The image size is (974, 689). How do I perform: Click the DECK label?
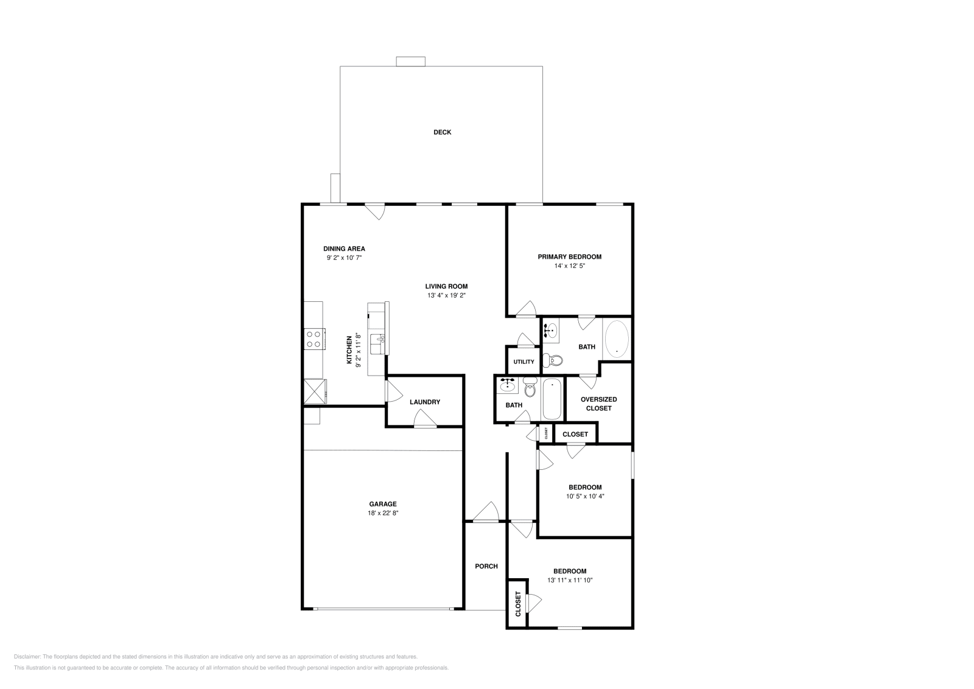(442, 132)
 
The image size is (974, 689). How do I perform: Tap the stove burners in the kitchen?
(314, 339)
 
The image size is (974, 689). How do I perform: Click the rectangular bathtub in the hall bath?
(552, 399)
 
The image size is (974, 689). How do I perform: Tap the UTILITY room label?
(524, 362)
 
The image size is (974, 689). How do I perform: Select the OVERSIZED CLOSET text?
(598, 404)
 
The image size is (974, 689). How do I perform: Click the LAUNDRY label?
(425, 402)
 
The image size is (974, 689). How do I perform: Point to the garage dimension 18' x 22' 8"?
(383, 513)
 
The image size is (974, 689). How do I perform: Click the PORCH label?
(486, 566)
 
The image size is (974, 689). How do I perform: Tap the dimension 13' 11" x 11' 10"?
(570, 580)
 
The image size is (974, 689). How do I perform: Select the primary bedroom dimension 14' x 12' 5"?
(570, 265)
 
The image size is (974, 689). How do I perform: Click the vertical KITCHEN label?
(349, 349)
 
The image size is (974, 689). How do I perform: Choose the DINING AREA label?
(344, 248)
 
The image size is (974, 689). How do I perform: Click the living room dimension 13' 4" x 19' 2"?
(446, 295)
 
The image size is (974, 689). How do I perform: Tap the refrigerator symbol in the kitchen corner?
(315, 391)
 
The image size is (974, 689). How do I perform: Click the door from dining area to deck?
(375, 211)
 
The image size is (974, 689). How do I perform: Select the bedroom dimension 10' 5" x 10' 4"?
(585, 496)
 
